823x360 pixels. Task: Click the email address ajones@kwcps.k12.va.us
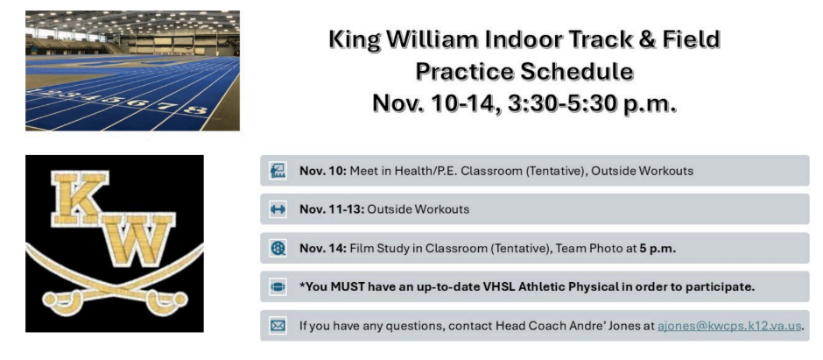point(729,326)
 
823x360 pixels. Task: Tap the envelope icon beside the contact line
point(278,326)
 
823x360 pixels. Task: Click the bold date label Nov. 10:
point(322,171)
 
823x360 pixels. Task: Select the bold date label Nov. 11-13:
point(331,209)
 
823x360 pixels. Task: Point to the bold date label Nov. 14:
point(322,248)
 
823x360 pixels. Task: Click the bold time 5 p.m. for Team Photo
point(657,248)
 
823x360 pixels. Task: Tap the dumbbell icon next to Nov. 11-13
point(278,209)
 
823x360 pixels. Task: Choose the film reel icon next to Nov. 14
point(278,248)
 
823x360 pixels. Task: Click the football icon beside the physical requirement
point(278,286)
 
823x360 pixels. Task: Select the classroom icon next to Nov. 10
point(278,171)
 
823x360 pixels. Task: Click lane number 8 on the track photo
point(194,109)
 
